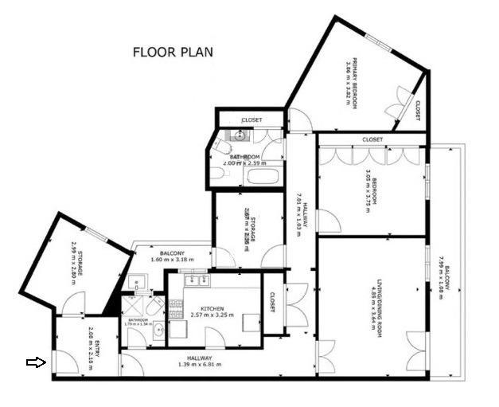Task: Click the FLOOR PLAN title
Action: [173, 53]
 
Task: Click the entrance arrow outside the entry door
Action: [36, 362]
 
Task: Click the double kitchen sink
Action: [196, 280]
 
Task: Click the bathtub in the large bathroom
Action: [262, 174]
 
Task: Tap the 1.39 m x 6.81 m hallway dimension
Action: [199, 364]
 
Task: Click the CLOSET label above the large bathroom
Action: [251, 120]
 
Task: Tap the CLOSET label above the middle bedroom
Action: [372, 139]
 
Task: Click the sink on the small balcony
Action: [138, 281]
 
